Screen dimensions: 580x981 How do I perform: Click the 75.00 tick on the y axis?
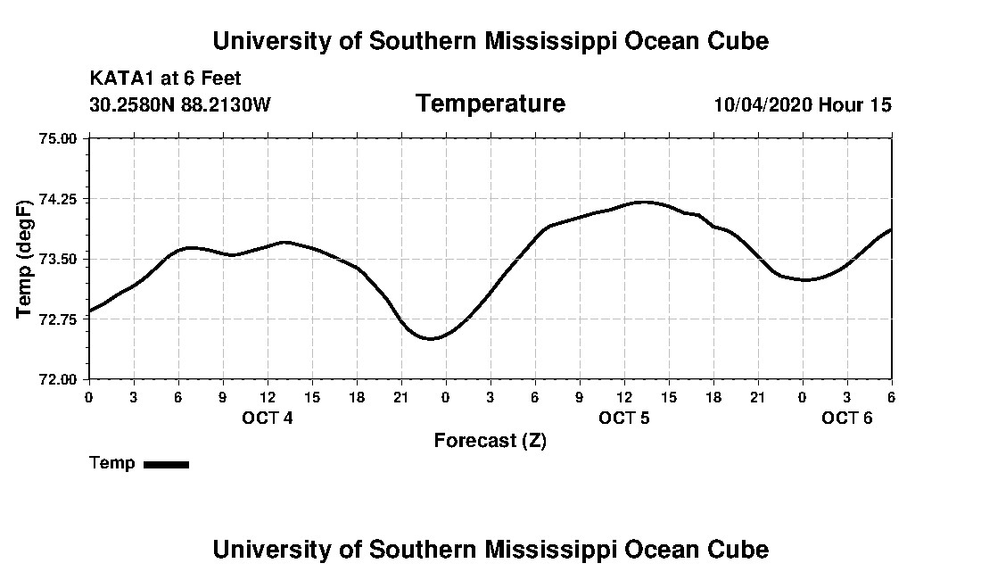point(60,138)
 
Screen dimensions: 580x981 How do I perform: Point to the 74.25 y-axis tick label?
point(60,198)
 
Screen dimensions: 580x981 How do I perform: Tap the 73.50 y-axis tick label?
point(60,259)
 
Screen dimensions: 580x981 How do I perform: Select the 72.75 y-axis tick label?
point(60,319)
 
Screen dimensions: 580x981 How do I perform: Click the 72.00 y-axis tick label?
point(60,379)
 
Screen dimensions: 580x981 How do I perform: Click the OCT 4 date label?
point(267,418)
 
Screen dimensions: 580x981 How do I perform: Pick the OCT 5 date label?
point(623,418)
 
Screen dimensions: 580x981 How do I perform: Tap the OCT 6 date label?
point(846,418)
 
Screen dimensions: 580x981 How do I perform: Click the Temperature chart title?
point(490,104)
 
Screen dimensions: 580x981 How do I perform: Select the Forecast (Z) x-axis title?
point(490,441)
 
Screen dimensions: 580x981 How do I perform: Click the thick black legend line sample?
point(166,464)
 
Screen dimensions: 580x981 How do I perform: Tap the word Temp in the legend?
point(112,463)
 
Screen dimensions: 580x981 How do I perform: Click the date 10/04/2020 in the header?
point(762,104)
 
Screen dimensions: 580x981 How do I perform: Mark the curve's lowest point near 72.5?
point(430,339)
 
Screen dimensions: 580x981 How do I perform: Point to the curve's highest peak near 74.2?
point(644,202)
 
